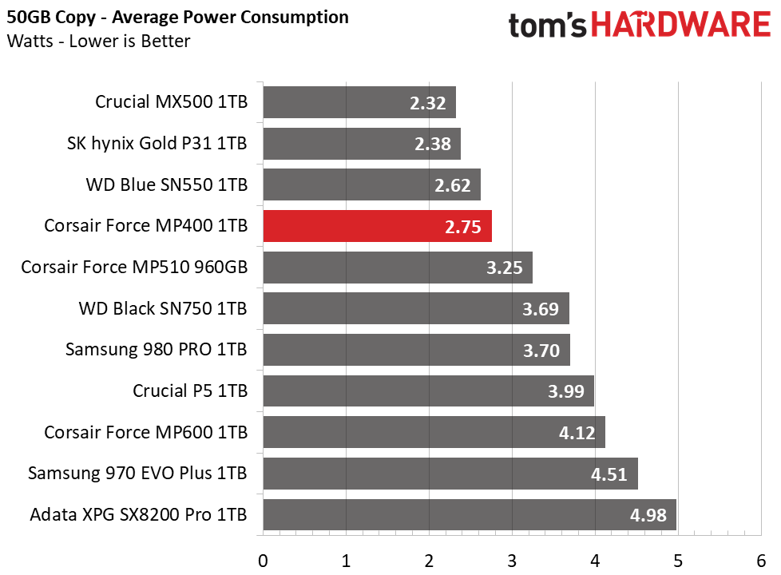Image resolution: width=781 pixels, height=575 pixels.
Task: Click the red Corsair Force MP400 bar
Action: pos(377,226)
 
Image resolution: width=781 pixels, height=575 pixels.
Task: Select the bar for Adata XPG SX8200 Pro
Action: pos(470,515)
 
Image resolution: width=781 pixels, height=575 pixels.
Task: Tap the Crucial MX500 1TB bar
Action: pos(359,102)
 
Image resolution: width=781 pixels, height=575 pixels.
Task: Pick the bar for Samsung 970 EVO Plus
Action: pos(450,474)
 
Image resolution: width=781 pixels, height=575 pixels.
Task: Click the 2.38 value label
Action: pos(433,144)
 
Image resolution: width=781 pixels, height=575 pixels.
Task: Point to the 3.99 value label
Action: pos(566,391)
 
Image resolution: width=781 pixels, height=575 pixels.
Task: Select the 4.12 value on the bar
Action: pos(577,433)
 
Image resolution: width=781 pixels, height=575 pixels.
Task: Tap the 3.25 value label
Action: pos(505,268)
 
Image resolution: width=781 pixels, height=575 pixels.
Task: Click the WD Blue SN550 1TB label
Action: pos(167,184)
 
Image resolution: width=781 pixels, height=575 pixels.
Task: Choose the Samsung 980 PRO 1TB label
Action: pos(157,350)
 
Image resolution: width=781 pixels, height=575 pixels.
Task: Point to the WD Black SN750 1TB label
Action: pos(163,309)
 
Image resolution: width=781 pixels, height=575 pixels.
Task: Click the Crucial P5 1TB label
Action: pos(190,391)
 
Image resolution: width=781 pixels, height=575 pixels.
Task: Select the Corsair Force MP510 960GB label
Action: pos(134,268)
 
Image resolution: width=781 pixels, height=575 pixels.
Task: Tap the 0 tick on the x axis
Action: pos(263,561)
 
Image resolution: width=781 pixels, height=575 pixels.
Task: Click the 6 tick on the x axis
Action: pos(761,561)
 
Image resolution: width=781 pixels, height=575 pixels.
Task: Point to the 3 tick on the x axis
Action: pos(512,561)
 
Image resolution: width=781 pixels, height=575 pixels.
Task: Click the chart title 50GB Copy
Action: pos(51,18)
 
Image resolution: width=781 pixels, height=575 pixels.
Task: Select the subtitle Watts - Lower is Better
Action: pos(98,41)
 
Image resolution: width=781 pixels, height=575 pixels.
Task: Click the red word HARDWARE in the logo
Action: pos(681,25)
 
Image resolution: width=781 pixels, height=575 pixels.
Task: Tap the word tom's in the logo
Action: pos(547,26)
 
